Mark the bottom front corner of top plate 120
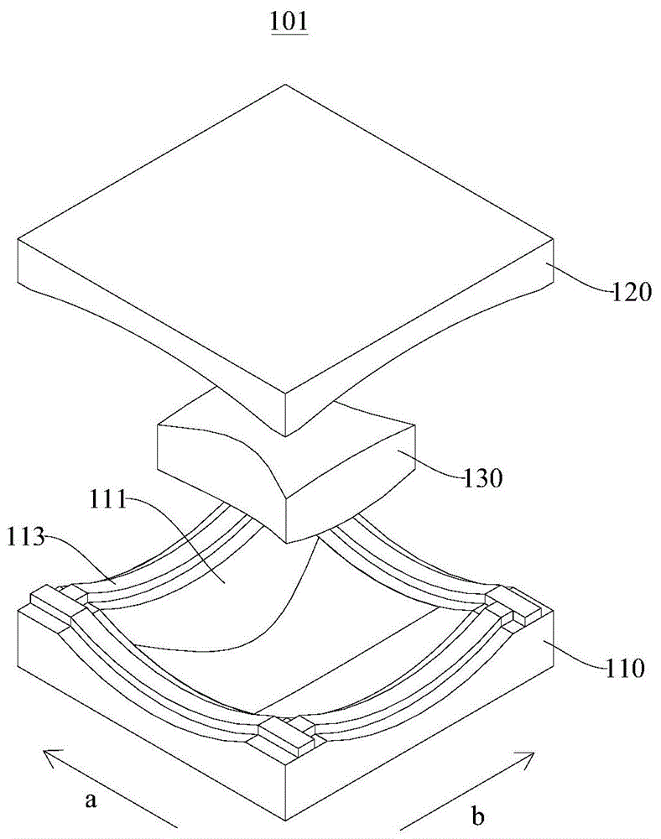[287, 435]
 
